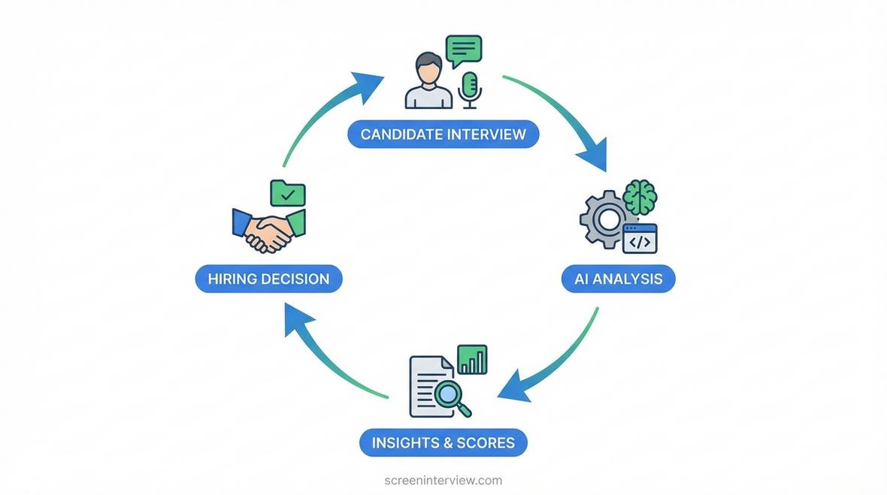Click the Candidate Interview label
pos(443,134)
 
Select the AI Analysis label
pos(619,279)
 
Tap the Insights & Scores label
pos(443,442)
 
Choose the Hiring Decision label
pos(268,279)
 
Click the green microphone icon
pos(470,90)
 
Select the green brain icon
pos(640,198)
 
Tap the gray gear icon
pos(605,219)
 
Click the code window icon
pos(640,238)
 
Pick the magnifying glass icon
pos(452,397)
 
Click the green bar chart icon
pos(472,359)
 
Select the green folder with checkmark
pos(288,193)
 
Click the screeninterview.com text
pos(443,480)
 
